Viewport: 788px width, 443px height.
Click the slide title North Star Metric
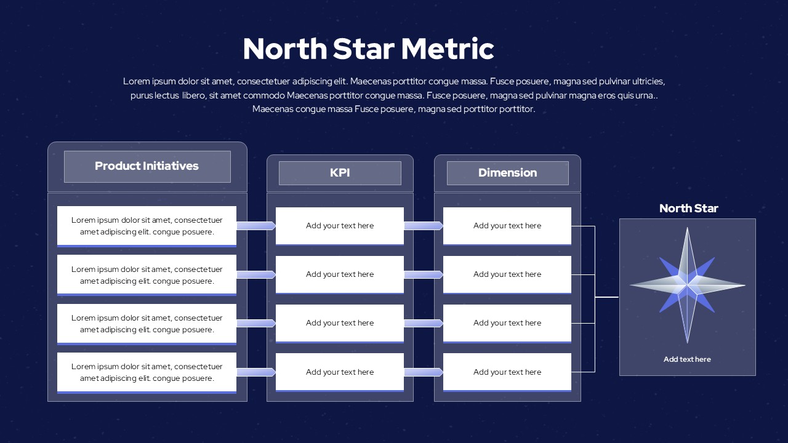pos(368,49)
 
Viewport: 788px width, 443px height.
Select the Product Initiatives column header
pos(147,166)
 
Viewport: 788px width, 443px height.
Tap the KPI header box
pos(340,173)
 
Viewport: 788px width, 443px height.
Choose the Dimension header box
pos(507,173)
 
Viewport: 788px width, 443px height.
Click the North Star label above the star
pos(688,209)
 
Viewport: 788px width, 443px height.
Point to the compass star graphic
pos(687,285)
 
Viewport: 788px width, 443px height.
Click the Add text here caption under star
pos(687,359)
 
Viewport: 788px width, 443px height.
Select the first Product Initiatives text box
pos(147,226)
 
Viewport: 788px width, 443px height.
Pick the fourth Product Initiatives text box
pos(147,372)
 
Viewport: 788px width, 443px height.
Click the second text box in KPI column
pos(340,274)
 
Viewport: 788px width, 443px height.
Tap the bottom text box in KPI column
pos(340,372)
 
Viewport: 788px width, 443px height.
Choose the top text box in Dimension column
pos(507,226)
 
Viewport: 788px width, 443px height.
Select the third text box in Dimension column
pos(507,323)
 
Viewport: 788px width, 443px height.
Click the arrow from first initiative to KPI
pos(256,226)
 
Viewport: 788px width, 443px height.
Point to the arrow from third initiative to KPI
pos(256,323)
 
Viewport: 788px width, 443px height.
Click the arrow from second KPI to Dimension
pos(424,274)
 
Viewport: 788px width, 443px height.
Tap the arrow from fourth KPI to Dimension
pos(424,372)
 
